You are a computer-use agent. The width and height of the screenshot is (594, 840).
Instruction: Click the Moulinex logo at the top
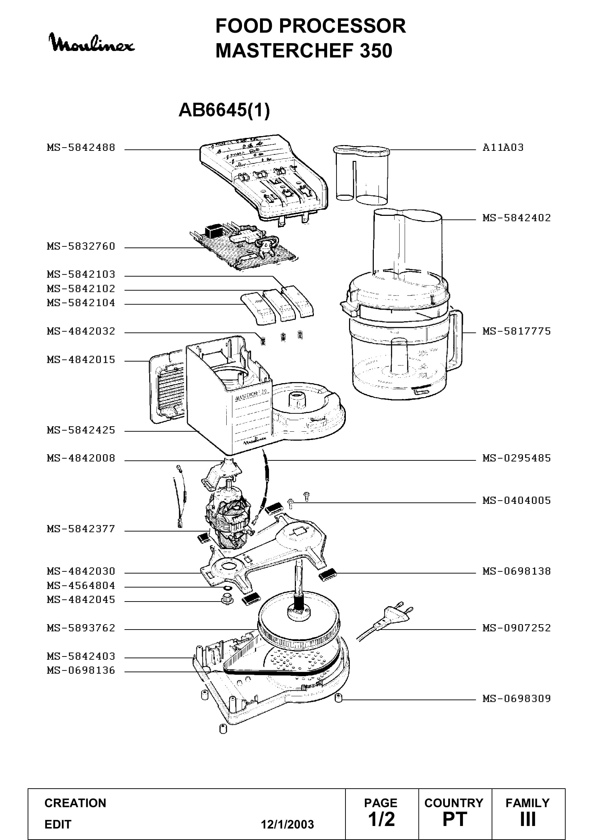pos(92,43)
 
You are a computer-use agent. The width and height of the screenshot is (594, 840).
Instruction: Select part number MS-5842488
pos(81,148)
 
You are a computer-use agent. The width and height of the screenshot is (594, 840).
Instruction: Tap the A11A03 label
pos(503,148)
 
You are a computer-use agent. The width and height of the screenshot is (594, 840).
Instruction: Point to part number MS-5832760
pos(81,246)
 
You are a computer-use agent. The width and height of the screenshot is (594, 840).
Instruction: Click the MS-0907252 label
pos(516,628)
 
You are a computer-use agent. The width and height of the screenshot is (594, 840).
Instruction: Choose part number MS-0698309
pos(516,699)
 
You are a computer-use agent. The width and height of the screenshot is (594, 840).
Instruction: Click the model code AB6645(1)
pos(224,110)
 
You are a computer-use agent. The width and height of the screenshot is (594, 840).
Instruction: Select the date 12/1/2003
pos(287,824)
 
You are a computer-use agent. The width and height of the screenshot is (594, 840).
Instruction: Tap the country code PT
pos(455,819)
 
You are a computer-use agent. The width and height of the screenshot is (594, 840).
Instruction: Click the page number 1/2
pos(381,819)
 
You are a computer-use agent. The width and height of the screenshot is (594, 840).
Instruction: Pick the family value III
pos(528,819)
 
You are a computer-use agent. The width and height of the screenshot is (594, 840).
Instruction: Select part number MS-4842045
pos(81,599)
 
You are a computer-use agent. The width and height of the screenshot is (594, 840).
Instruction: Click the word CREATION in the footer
pos(75,803)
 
